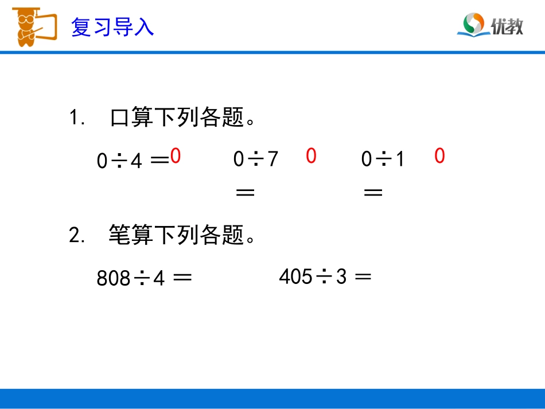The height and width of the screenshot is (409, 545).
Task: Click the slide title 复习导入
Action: (112, 27)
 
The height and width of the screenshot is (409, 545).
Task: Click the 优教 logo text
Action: (507, 26)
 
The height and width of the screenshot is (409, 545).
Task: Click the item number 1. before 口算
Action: (77, 119)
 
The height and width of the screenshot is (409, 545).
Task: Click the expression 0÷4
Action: (119, 162)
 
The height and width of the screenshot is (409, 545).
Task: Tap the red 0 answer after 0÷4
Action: (176, 156)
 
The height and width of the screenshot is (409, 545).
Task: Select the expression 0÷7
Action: (255, 159)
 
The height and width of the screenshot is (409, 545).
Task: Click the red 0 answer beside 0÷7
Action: (311, 155)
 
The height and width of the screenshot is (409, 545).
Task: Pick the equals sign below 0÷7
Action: (245, 193)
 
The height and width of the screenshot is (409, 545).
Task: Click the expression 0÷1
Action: (383, 159)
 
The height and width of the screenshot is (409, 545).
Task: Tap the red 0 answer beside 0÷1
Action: (439, 156)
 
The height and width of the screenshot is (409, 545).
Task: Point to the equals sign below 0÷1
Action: (373, 193)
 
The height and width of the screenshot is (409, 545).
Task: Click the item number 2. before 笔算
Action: (77, 235)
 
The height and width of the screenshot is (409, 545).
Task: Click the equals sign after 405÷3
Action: (363, 276)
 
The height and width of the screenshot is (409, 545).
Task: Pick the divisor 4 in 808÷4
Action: (159, 278)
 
